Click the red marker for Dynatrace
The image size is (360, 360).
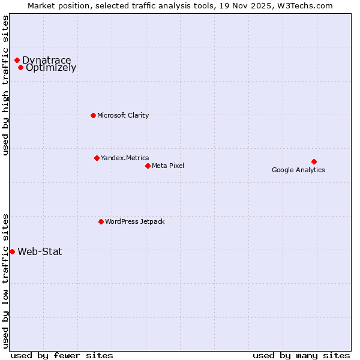[x=17, y=60]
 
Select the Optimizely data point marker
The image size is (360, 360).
[x=20, y=67]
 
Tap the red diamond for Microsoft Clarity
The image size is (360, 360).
[x=93, y=115]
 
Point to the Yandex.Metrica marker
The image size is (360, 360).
[x=97, y=158]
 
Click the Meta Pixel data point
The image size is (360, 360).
[x=148, y=166]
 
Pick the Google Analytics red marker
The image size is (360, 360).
[x=314, y=161]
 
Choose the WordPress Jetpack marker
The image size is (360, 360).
[x=101, y=221]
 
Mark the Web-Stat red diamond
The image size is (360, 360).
[x=12, y=251]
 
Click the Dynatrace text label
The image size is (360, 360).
[x=46, y=60]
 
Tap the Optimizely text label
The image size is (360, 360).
[x=51, y=68]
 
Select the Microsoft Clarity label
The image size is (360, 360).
[x=123, y=115]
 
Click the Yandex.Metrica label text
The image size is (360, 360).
[x=125, y=158]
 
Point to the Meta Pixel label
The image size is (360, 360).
[x=168, y=166]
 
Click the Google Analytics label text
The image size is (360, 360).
[x=298, y=170]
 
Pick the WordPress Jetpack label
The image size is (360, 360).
[x=134, y=221]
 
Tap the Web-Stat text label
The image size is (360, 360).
[x=40, y=251]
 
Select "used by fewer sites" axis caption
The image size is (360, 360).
[x=62, y=355]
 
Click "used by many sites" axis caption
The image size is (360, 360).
[x=301, y=355]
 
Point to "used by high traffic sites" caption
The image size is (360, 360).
[x=5, y=86]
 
